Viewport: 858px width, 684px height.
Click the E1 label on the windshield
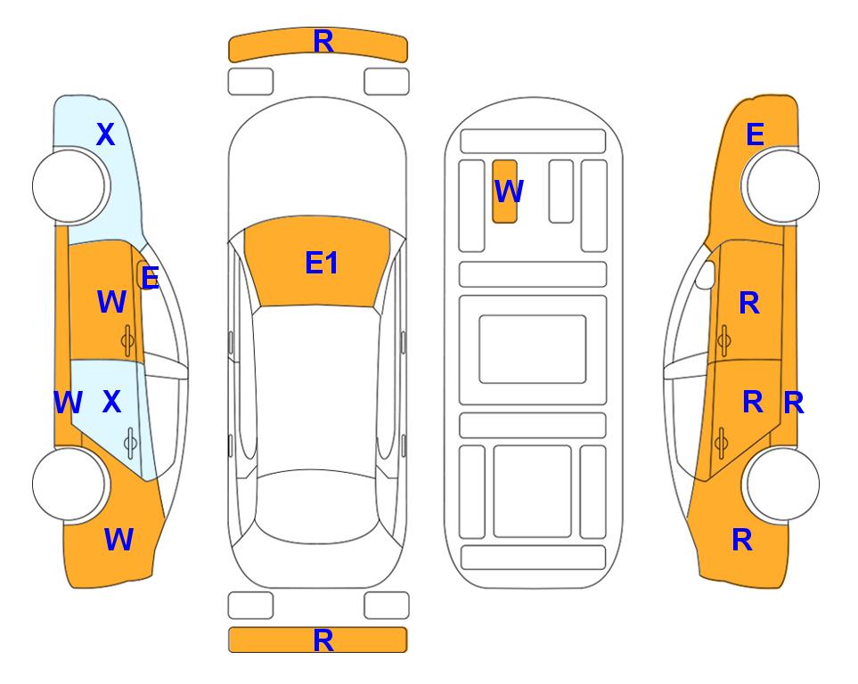click(x=322, y=263)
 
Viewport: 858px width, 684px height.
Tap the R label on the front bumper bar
click(x=323, y=42)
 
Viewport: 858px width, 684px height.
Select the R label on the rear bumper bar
click(x=323, y=640)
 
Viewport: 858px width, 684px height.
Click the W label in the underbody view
click(x=509, y=191)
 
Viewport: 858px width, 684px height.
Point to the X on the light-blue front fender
click(x=106, y=134)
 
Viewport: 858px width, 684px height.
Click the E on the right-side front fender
click(x=756, y=134)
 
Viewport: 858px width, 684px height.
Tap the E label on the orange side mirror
click(x=150, y=278)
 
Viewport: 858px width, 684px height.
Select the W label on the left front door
click(x=111, y=302)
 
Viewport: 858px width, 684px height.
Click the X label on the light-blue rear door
click(x=111, y=402)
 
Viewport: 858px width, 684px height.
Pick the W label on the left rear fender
click(x=118, y=540)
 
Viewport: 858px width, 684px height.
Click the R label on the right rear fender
click(x=742, y=540)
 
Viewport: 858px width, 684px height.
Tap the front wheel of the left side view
click(x=69, y=186)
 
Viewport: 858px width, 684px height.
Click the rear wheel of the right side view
click(x=782, y=484)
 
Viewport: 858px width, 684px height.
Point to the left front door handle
click(x=127, y=340)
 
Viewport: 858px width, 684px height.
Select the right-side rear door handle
click(x=722, y=443)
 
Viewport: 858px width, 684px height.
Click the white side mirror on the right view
click(x=706, y=274)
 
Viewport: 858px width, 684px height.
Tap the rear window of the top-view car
click(x=315, y=506)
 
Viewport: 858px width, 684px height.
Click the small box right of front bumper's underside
click(x=387, y=82)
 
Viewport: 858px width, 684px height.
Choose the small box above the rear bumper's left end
click(x=250, y=606)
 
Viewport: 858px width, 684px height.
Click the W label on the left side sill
click(x=68, y=403)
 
